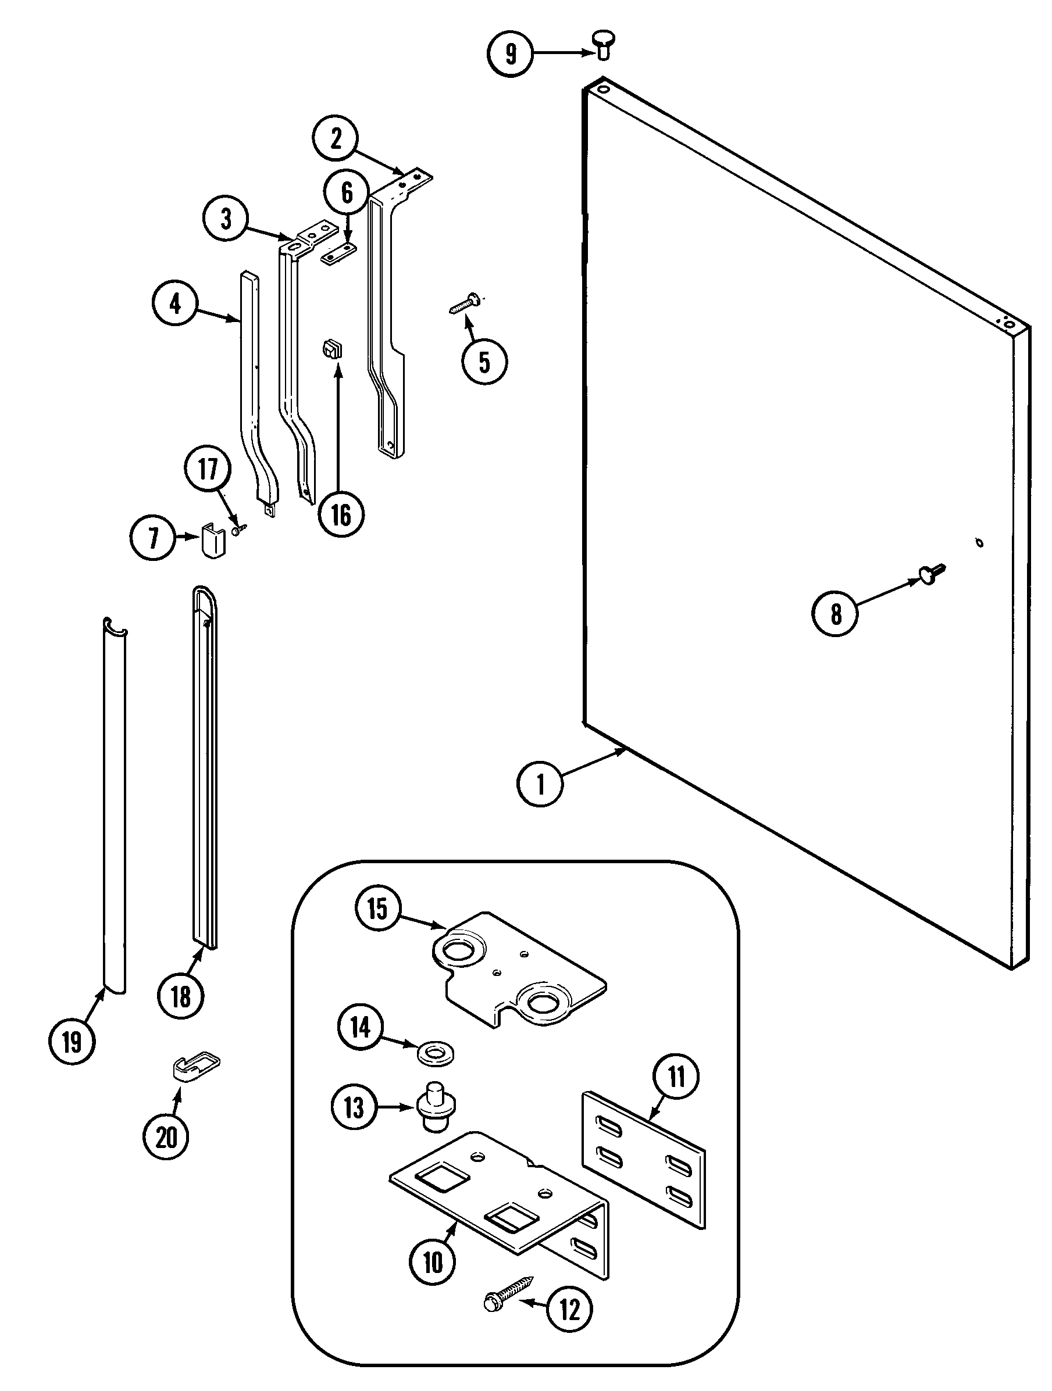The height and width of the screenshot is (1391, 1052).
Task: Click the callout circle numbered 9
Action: tap(509, 53)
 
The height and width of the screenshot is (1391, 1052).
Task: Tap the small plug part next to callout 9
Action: tap(602, 46)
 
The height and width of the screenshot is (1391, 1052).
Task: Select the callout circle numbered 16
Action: tap(341, 515)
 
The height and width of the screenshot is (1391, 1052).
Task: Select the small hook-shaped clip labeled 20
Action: tap(195, 1066)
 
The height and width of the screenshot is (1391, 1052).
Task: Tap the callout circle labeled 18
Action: tap(181, 997)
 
